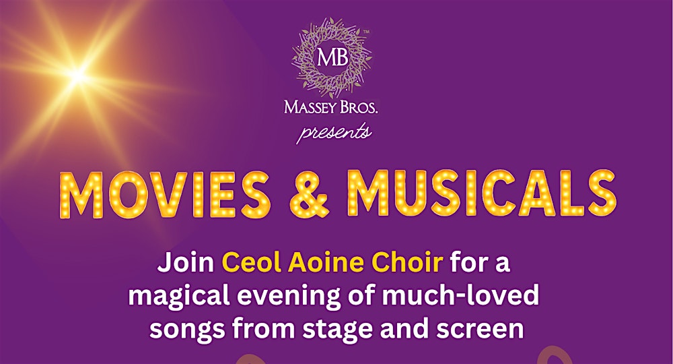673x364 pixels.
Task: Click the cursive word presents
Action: [x=334, y=131]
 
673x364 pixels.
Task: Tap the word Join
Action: [x=186, y=262]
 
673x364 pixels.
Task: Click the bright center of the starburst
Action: [x=79, y=75]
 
